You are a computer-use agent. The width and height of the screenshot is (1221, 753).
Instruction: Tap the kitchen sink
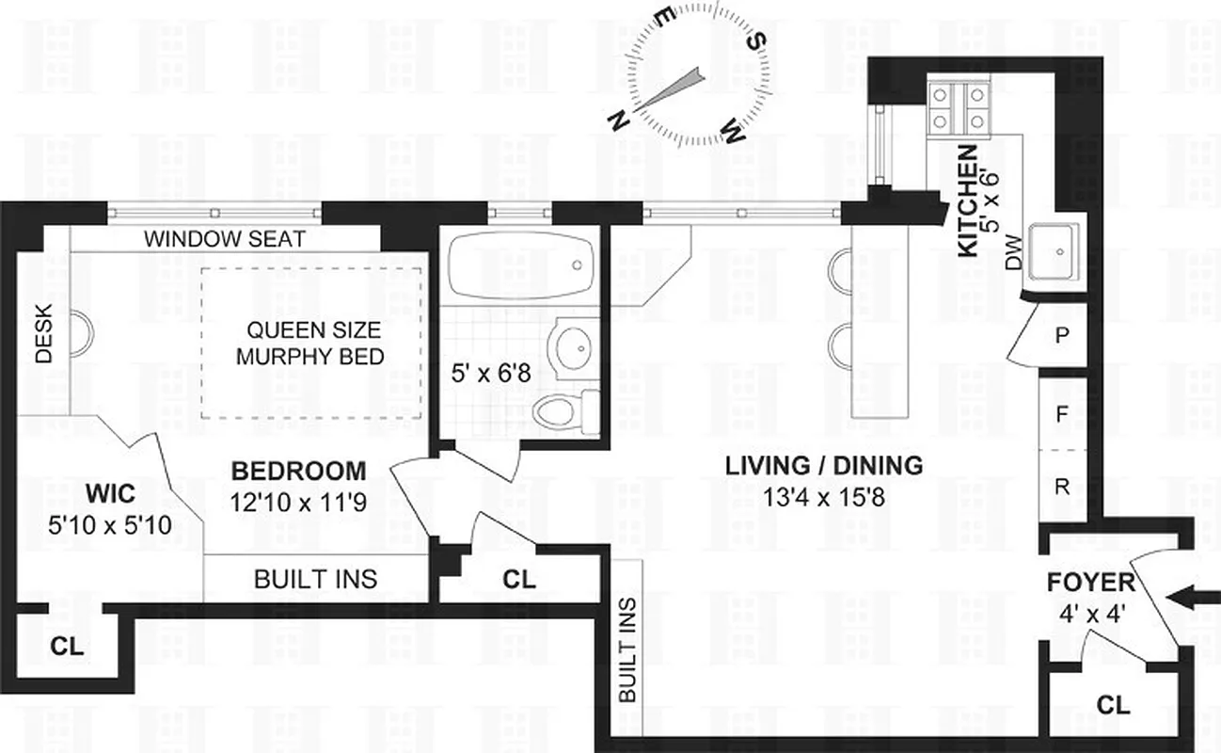(1058, 251)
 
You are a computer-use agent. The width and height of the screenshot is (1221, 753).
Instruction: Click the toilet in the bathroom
(563, 409)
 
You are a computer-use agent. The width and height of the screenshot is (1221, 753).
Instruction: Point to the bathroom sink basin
(571, 347)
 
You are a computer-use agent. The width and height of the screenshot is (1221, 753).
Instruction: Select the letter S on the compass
(755, 40)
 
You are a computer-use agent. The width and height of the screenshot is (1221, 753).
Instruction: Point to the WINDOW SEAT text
(224, 239)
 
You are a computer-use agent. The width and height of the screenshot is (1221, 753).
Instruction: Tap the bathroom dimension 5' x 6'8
(489, 374)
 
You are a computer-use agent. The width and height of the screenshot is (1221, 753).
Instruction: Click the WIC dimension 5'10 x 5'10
(109, 524)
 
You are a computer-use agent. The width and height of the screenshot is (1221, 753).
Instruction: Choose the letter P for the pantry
(1061, 335)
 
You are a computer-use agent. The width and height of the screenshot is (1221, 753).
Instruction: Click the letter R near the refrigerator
(1062, 487)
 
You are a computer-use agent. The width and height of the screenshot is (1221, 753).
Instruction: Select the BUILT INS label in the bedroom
(315, 578)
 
